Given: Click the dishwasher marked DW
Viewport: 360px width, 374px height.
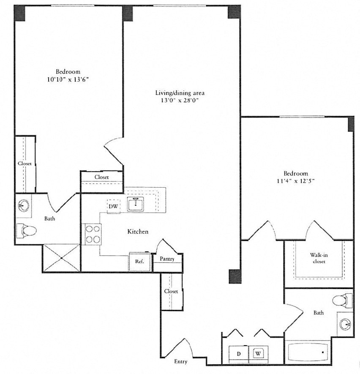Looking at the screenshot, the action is click(x=113, y=206).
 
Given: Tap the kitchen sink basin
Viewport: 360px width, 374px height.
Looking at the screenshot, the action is click(x=135, y=205).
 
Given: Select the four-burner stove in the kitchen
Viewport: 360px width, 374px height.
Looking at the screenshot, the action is click(x=93, y=234).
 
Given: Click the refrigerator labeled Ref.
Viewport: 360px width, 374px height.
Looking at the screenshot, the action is click(x=140, y=262).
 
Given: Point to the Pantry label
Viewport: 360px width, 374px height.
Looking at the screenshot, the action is click(x=167, y=259).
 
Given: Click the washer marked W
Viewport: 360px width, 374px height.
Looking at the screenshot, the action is click(x=258, y=353).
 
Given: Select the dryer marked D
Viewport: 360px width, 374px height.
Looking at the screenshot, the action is click(x=239, y=353).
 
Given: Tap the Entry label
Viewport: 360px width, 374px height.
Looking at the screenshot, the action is click(x=180, y=362).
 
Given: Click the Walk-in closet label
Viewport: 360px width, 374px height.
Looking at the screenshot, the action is click(x=319, y=258).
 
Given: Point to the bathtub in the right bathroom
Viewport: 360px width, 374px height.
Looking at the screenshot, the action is click(x=308, y=352).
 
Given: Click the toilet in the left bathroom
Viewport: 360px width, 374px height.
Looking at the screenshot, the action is click(x=26, y=231).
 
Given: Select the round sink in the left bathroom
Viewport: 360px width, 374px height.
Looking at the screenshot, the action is click(x=24, y=205).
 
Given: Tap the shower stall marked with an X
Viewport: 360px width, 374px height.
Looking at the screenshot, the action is click(x=62, y=258).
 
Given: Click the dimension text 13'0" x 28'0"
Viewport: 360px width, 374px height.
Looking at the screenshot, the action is click(x=180, y=101).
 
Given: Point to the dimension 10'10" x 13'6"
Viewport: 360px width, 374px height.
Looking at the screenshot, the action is click(x=68, y=79).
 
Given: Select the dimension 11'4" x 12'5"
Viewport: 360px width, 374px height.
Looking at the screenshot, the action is click(x=296, y=181).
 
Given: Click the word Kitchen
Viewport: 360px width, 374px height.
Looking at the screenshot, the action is click(x=138, y=232).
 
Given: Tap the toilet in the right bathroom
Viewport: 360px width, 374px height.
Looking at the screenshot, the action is click(x=342, y=300).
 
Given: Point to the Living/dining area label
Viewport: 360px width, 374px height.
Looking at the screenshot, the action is click(x=180, y=93).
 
